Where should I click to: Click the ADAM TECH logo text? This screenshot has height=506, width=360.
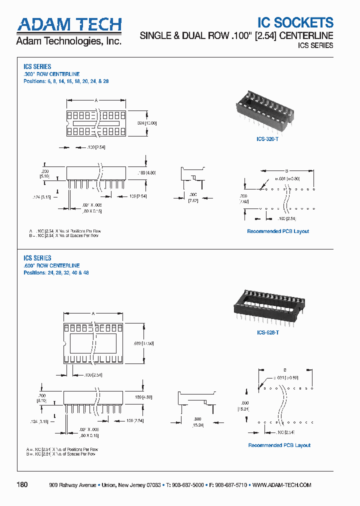click(x=69, y=24)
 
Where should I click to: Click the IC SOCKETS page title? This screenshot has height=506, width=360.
click(x=295, y=22)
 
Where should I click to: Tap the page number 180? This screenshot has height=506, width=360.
click(x=22, y=485)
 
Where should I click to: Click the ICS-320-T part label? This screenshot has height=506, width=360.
click(x=267, y=140)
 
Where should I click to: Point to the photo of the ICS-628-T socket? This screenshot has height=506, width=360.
click(x=267, y=306)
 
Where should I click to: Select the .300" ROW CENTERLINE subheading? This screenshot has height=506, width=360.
click(x=51, y=74)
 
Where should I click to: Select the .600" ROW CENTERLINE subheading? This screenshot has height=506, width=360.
click(x=51, y=265)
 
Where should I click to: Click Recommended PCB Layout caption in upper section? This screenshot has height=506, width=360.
click(x=278, y=231)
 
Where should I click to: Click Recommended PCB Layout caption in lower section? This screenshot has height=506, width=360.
click(x=279, y=445)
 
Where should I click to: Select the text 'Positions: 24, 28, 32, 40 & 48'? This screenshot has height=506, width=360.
click(x=56, y=273)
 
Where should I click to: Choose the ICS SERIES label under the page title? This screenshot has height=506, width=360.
click(x=315, y=45)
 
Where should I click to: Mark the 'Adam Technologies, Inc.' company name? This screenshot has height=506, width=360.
click(x=69, y=41)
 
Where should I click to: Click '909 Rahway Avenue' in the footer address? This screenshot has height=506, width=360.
click(x=72, y=485)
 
